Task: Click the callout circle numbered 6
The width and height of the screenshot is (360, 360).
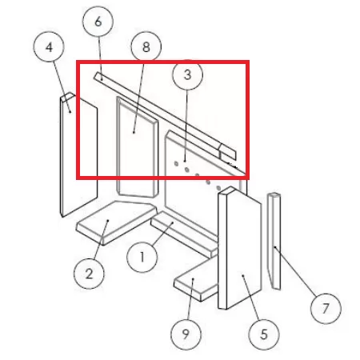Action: click(x=98, y=22)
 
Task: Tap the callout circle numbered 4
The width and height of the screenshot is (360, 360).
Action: click(x=49, y=47)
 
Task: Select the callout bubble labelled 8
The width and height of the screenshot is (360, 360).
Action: click(x=146, y=47)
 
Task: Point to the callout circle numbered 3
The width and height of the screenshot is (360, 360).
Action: click(x=188, y=74)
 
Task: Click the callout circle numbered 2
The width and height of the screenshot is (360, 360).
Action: click(x=89, y=274)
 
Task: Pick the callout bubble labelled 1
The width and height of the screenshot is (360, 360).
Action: click(x=142, y=257)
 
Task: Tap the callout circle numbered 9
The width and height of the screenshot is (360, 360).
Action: click(x=186, y=334)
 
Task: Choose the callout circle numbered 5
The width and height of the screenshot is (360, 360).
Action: click(x=264, y=334)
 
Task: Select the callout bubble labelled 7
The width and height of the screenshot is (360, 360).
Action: click(x=326, y=309)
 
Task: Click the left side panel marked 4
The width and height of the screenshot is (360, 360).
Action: click(x=78, y=154)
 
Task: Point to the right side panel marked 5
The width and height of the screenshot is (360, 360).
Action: click(x=239, y=248)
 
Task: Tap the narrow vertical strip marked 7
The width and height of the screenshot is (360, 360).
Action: click(x=274, y=241)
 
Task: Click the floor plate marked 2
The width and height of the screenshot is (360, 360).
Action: click(x=116, y=222)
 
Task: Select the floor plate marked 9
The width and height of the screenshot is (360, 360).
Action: click(x=196, y=280)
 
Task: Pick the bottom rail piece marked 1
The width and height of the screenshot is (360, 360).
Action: click(x=184, y=234)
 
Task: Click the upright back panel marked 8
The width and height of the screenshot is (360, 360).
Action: click(x=137, y=147)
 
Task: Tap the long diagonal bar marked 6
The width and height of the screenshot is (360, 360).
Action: click(x=165, y=117)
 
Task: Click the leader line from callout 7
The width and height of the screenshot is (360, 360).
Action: click(x=295, y=271)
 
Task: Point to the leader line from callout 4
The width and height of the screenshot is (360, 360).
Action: click(x=62, y=87)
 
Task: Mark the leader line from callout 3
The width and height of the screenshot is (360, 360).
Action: click(x=186, y=126)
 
